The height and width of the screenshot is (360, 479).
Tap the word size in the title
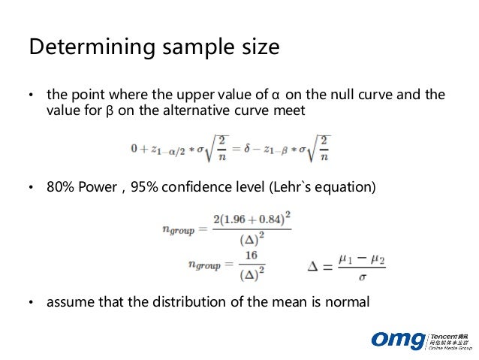[257, 47]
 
